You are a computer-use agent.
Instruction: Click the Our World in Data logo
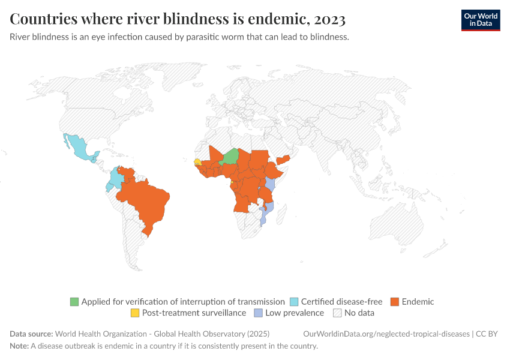pos(480,20)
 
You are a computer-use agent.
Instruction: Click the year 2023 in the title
pos(329,20)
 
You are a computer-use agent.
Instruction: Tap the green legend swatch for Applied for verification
pos(74,302)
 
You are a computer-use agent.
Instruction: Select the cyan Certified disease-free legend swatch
pos(294,302)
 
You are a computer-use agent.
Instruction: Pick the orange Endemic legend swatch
pos(395,302)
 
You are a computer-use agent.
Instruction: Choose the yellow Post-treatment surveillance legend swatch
pos(135,313)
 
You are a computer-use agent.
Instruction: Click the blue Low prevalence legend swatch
pos(258,313)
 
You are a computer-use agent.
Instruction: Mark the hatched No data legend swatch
pos(337,313)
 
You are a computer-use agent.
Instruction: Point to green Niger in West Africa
pos(230,157)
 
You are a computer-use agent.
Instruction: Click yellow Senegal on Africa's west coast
pos(197,161)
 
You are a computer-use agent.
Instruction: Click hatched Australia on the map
pos(399,225)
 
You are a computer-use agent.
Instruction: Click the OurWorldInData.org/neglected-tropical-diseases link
pos(386,334)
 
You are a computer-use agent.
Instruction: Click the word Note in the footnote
pos(19,346)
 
